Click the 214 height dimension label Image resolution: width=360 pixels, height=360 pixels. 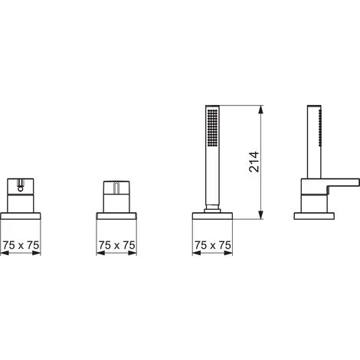click(254, 162)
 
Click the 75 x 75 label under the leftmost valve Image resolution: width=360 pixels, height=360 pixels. click(21, 245)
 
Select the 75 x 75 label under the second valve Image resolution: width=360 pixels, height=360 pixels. click(116, 245)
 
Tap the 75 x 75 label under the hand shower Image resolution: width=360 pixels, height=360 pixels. click(213, 245)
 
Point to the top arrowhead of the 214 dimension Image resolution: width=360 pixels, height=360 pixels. click(260, 110)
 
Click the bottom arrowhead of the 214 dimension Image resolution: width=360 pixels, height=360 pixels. click(260, 214)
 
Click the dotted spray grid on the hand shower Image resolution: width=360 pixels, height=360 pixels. click(213, 128)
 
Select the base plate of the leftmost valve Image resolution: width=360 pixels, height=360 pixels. click(21, 216)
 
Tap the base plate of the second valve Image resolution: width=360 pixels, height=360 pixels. click(116, 216)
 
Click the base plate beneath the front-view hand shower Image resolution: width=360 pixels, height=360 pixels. click(212, 216)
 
